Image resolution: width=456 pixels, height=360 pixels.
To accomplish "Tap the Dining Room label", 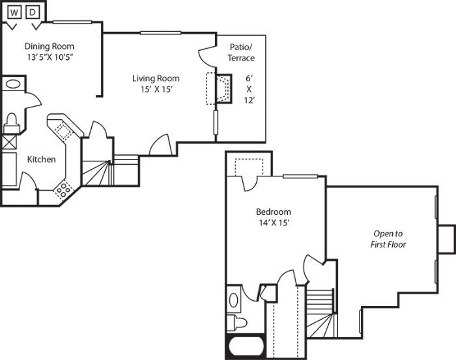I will pos(49,46).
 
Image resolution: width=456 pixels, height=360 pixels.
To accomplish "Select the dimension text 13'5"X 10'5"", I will pos(49,58).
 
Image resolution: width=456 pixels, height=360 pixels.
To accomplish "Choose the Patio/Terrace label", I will pos(242,53).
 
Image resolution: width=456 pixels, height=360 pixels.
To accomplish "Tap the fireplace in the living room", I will pos(221,89).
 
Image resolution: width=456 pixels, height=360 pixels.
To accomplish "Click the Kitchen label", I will pos(41,159).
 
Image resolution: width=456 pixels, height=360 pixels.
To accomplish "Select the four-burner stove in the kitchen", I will pos(64,189).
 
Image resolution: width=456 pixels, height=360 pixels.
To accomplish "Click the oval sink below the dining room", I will pos(13,84).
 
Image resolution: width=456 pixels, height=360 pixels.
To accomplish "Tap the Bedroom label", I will pos(273,212).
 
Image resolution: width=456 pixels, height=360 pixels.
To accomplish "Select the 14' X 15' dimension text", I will pos(273,223).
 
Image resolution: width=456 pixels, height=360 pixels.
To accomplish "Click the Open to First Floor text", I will pos(388,239).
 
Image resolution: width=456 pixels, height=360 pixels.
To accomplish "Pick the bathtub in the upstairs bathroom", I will pos(245,347).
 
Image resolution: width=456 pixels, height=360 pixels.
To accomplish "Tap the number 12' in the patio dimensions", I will pos(248,101).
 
